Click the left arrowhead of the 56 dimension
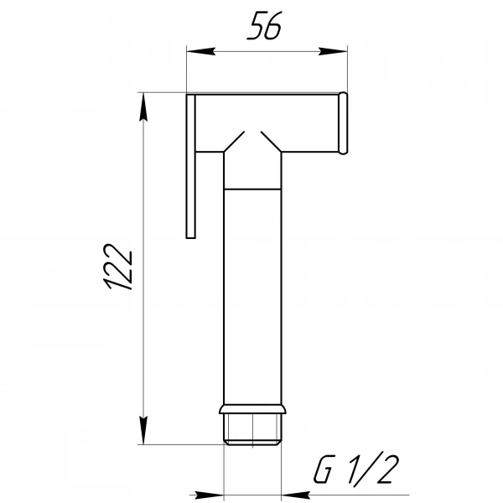click(194, 52)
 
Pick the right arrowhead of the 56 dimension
click(339, 52)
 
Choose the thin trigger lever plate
click(190, 168)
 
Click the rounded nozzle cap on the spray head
click(343, 124)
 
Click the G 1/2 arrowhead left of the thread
click(213, 494)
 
